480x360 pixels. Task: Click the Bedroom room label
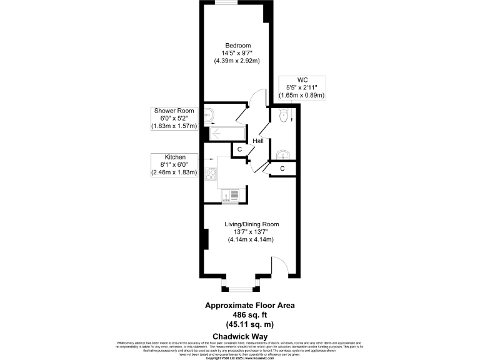238,46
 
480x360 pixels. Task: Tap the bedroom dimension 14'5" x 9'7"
238,53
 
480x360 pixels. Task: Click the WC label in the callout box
302,80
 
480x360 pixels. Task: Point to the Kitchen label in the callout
174,157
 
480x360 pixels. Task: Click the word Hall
257,142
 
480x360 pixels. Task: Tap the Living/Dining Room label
252,224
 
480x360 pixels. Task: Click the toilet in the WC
284,116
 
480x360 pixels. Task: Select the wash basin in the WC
283,154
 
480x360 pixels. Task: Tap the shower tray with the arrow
225,132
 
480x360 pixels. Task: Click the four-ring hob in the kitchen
212,174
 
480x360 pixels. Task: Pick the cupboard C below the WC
282,168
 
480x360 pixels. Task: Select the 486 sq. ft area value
250,315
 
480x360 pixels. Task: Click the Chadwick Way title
240,336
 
